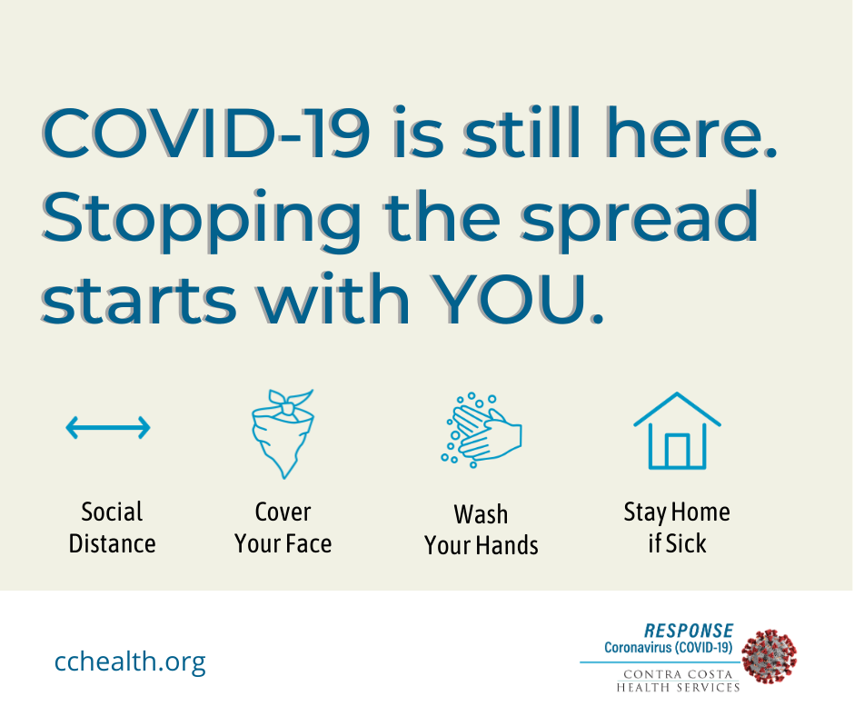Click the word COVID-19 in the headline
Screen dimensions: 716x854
click(206, 134)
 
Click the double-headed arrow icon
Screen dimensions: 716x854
click(107, 427)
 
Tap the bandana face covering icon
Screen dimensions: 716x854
click(283, 433)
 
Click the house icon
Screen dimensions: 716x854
click(677, 431)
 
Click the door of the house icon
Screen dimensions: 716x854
click(677, 450)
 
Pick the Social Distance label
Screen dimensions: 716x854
click(112, 528)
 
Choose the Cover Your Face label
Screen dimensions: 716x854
click(283, 528)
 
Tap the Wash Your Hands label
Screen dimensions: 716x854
click(481, 530)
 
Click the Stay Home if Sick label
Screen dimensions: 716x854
click(677, 528)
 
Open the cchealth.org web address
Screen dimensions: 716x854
click(130, 661)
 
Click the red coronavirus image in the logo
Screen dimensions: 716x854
click(770, 655)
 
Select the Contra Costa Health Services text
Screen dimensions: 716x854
click(679, 681)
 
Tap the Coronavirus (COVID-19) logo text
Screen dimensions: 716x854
click(668, 648)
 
